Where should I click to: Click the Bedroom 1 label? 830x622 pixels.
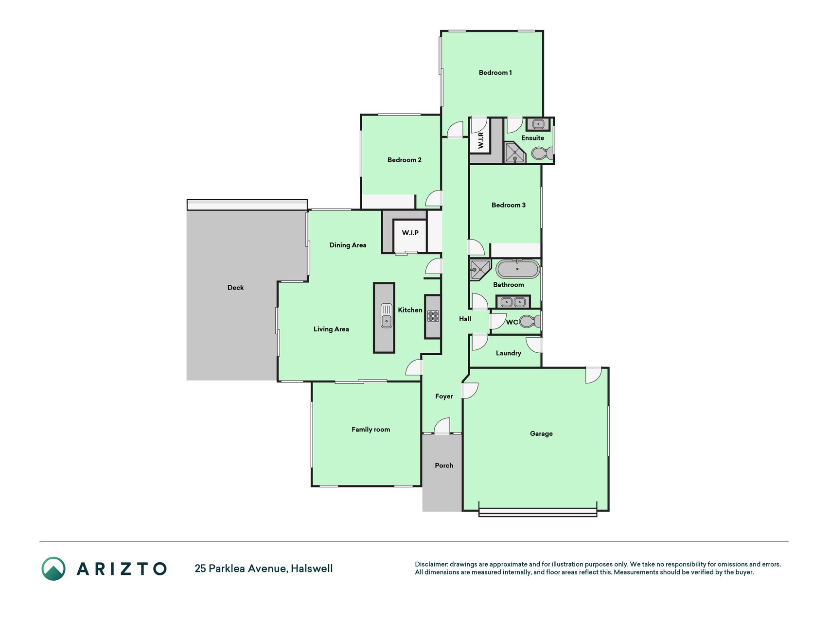point(495,73)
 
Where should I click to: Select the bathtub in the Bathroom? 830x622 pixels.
point(518,269)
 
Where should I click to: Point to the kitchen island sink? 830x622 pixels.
point(386,315)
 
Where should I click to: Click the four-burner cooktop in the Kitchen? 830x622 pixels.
point(433,316)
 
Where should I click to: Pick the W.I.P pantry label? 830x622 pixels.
point(410,233)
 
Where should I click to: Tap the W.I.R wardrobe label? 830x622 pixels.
point(480,140)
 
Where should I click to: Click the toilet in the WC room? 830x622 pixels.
point(530,322)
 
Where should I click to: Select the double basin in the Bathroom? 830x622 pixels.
point(513,302)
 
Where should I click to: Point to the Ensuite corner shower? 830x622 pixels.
point(514,153)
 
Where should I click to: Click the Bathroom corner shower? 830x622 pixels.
point(480,270)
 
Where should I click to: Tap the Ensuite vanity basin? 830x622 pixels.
point(538,124)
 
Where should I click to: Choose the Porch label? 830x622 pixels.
point(444,466)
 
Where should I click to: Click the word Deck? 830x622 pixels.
point(235,288)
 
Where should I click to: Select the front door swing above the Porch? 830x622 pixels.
point(442,426)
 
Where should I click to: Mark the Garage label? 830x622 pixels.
point(541,434)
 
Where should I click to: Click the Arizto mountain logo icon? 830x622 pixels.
point(53,569)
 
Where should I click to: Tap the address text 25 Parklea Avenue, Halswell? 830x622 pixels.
point(264,569)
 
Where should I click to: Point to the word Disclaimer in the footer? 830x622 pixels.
point(431,564)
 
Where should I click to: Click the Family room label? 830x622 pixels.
point(371,430)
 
